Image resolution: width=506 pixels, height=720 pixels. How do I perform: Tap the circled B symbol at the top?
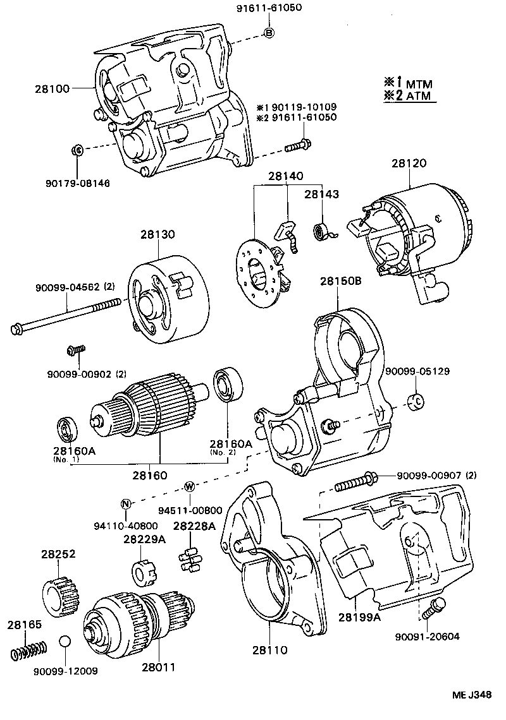(269, 33)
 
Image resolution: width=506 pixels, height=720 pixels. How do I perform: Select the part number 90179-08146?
(77, 183)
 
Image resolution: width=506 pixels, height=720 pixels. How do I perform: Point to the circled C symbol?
(417, 400)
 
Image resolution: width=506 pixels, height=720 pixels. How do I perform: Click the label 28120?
(408, 162)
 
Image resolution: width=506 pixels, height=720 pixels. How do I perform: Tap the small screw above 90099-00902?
(76, 349)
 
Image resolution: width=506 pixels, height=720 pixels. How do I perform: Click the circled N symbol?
(126, 503)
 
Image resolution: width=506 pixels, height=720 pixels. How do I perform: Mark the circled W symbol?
(188, 486)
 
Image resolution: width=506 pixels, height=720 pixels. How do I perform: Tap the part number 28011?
(159, 667)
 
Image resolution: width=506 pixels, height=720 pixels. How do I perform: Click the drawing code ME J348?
(471, 695)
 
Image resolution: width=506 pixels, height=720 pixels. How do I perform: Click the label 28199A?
(359, 616)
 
